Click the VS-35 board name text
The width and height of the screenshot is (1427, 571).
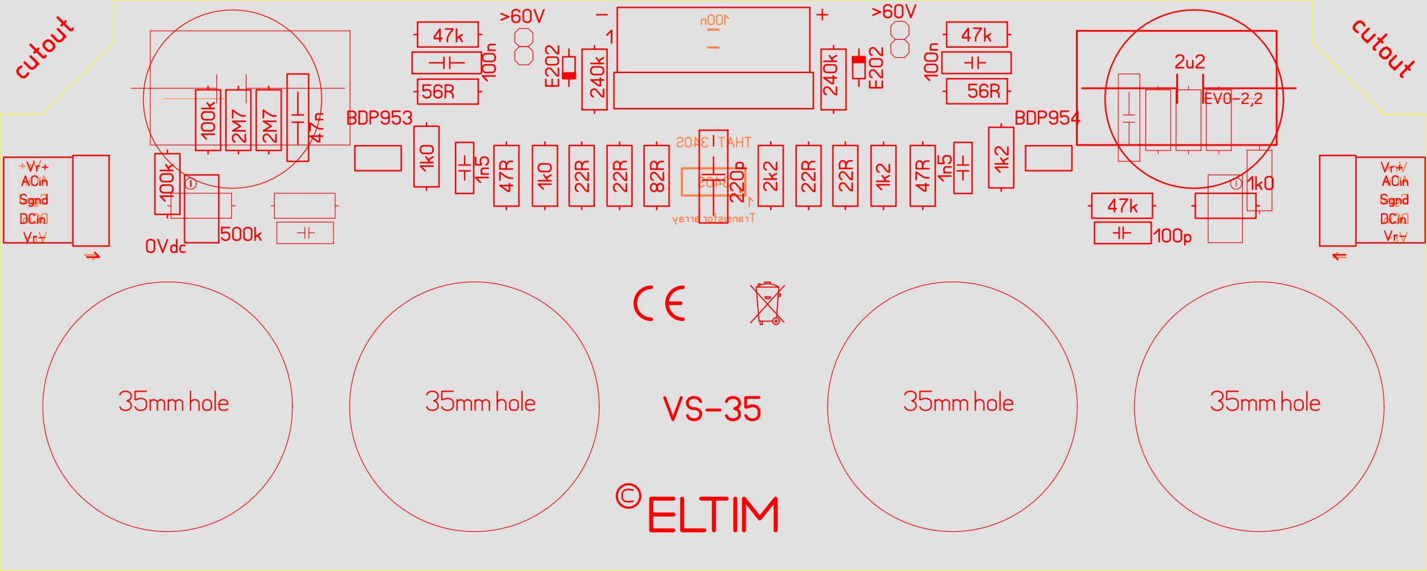pos(712,409)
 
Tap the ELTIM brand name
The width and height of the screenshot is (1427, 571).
pos(713,515)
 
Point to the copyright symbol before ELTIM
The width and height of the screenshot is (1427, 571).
pos(628,497)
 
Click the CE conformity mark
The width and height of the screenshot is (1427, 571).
pos(659,303)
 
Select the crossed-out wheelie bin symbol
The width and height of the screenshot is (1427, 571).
pos(767,303)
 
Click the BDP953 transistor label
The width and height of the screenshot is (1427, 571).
pos(379,118)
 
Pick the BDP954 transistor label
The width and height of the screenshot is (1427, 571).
pos(1047,118)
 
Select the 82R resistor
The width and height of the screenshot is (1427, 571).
pos(657,176)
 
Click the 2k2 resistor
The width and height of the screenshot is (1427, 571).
pos(770,176)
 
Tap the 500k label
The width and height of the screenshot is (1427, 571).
pos(241,234)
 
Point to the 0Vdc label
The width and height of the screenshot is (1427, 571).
pos(165,247)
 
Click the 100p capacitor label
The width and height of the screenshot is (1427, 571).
pos(1172,236)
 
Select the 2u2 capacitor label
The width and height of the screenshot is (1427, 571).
pos(1190,62)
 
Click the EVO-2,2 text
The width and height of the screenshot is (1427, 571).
pos(1233,98)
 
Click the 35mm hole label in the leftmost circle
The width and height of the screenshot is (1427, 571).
pos(173,402)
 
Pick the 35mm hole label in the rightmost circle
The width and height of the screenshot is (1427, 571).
pos(1264,402)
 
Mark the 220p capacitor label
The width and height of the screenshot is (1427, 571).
pos(737,181)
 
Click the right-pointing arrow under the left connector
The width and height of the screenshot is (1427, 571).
pos(92,256)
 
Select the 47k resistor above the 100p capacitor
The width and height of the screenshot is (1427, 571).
pos(1122,206)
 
